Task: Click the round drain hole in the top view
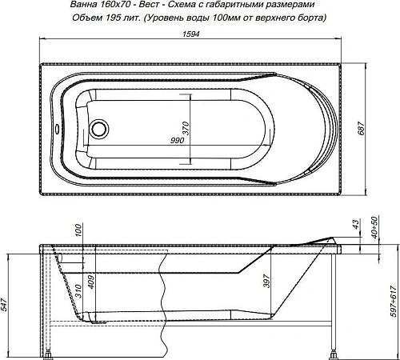pyautogui.click(x=100, y=126)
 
